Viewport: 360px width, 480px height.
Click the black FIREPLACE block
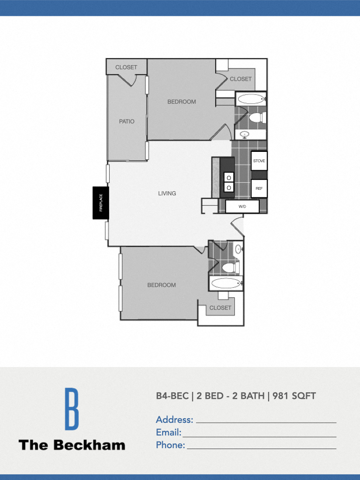[x=100, y=202]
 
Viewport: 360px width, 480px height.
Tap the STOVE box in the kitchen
[x=259, y=161]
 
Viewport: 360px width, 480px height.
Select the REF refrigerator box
[x=259, y=188]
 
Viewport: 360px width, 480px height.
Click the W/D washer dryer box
[x=242, y=206]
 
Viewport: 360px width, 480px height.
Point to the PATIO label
[x=127, y=121]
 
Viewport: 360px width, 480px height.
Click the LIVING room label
[x=167, y=193]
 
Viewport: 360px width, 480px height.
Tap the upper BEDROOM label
[x=181, y=102]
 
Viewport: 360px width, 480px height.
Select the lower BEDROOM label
[x=161, y=285]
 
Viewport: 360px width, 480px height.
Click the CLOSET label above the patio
[x=126, y=67]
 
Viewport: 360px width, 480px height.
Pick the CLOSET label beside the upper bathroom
[x=240, y=79]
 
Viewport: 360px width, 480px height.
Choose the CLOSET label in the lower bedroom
[x=220, y=308]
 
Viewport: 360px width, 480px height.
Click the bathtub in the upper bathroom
[x=251, y=99]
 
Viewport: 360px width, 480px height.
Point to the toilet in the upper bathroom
[x=257, y=117]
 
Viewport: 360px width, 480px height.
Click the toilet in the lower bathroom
[x=230, y=268]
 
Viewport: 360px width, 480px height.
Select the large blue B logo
[x=72, y=409]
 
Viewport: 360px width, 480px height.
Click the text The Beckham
[x=72, y=445]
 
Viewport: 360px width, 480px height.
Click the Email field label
[x=168, y=432]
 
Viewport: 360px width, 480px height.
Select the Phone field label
[x=170, y=445]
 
